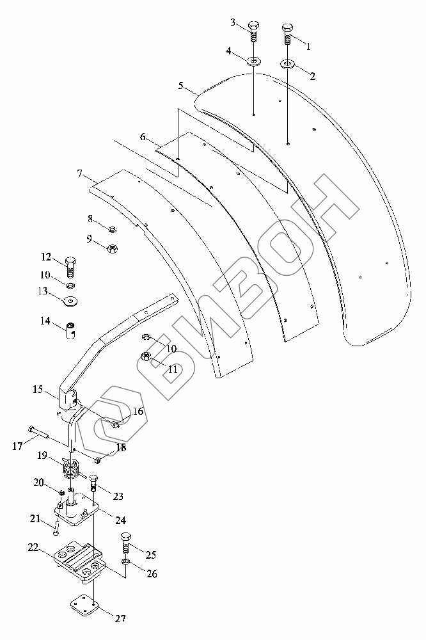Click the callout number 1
[x=308, y=47]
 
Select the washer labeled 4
[x=254, y=62]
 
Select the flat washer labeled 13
[x=68, y=299]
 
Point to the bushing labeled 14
[x=72, y=330]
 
